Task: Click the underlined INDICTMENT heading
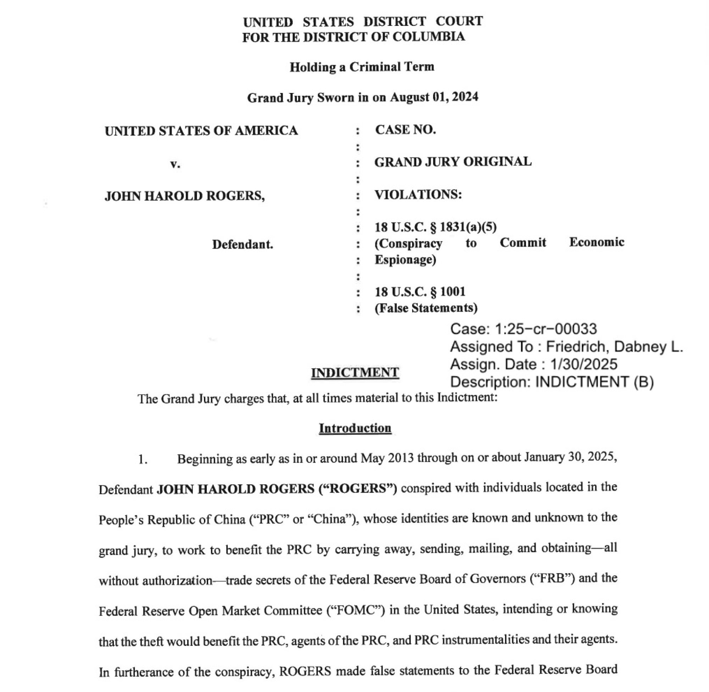click(x=355, y=373)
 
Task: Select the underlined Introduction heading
click(x=355, y=428)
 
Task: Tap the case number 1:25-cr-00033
click(x=546, y=329)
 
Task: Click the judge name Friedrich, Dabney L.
click(x=615, y=347)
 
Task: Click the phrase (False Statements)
click(x=426, y=308)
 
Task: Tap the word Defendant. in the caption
click(x=243, y=244)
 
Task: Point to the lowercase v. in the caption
click(x=175, y=164)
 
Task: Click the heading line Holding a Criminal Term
click(x=362, y=67)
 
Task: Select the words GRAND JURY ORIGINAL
click(x=453, y=162)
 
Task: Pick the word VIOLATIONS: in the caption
click(x=418, y=195)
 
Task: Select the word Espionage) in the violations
click(x=405, y=260)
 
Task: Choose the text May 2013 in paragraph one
click(x=387, y=458)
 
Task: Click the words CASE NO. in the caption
click(x=405, y=130)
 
